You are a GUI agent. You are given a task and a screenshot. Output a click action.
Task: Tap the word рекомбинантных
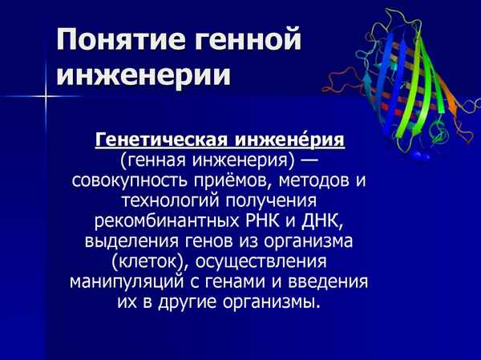point(168,221)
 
